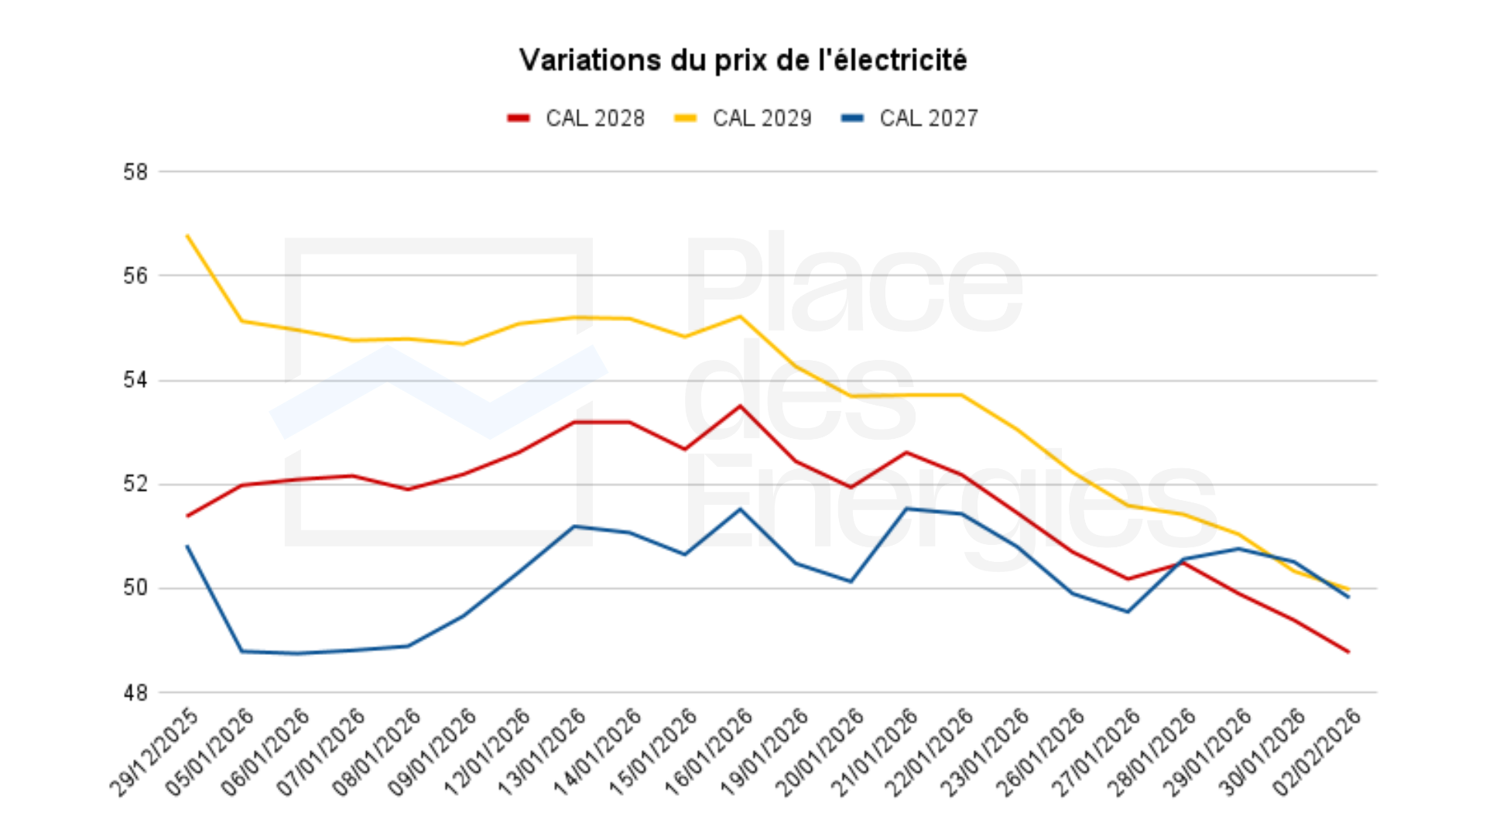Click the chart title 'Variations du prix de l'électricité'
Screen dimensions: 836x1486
point(743,60)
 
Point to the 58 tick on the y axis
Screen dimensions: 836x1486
point(135,172)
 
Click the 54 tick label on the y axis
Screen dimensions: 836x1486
point(135,380)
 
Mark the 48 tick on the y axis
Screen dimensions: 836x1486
point(135,693)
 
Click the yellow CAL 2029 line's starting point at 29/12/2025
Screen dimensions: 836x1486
point(187,235)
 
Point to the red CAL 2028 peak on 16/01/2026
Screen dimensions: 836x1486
point(740,406)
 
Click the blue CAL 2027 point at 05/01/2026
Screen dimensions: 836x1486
point(242,651)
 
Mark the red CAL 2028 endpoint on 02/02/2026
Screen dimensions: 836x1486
point(1348,652)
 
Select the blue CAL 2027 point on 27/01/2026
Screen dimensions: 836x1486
point(1128,612)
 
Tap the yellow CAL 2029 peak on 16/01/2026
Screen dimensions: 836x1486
point(740,316)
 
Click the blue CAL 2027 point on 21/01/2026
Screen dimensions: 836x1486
point(906,509)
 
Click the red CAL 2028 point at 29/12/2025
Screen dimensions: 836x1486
point(187,516)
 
